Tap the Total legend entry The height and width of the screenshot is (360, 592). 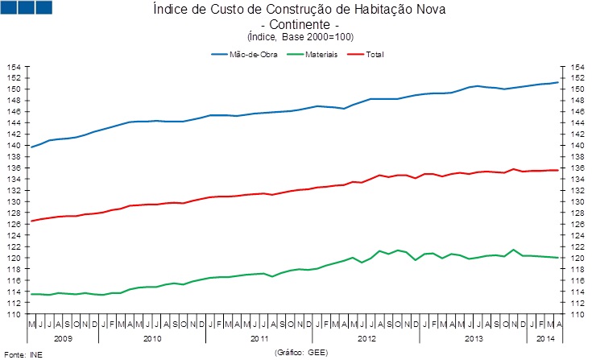[x=373, y=54]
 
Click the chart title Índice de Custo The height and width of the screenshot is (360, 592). [x=299, y=10]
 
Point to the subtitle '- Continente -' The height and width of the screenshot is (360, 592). [x=299, y=24]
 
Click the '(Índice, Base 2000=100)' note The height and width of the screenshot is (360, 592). [x=299, y=37]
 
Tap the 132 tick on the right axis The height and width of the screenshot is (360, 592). [x=576, y=191]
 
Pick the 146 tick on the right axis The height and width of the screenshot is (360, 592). [x=576, y=112]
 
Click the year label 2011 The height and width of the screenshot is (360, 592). [x=259, y=340]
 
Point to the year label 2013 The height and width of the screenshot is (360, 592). [x=474, y=340]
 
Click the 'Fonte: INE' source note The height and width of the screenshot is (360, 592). [x=23, y=354]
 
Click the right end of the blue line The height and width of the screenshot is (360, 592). [x=558, y=82]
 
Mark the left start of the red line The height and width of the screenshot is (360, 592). [x=31, y=221]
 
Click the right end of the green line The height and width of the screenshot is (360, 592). [x=558, y=258]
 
